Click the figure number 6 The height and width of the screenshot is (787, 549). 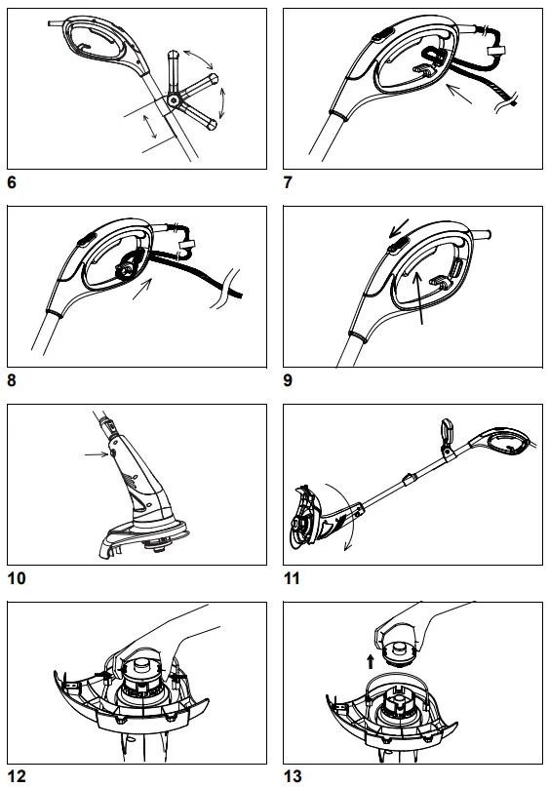click(11, 182)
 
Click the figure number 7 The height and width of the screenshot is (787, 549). click(288, 182)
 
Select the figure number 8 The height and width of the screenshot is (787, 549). click(11, 381)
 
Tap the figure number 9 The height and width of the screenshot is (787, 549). click(288, 381)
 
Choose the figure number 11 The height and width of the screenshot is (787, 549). click(292, 579)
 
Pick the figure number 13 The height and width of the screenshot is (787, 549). click(292, 777)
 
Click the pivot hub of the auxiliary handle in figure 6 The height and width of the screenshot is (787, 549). click(174, 99)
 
